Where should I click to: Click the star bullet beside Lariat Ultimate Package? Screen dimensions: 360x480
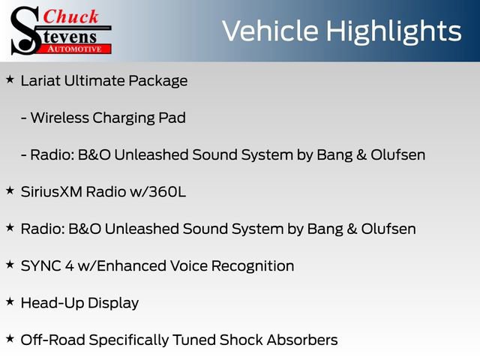pos(10,79)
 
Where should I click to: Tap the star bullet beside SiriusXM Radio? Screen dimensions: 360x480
pos(10,190)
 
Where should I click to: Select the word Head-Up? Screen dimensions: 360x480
pos(49,304)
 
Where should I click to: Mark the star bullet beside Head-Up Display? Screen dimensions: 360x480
pos(10,301)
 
